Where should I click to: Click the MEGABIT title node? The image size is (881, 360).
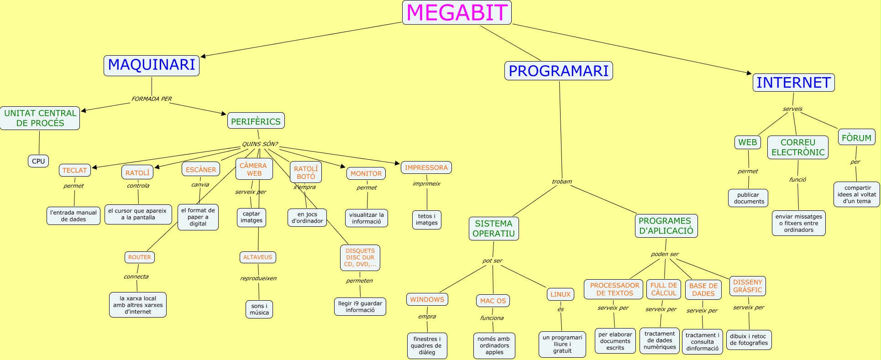[x=456, y=12]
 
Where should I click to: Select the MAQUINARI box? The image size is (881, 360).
[x=152, y=65]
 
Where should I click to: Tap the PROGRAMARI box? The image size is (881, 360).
[x=558, y=71]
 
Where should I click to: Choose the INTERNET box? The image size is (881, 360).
[x=793, y=83]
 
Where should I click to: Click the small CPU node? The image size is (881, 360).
[x=38, y=161]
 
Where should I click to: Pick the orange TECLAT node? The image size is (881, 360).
[x=74, y=170]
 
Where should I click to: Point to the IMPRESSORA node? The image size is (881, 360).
[x=426, y=167]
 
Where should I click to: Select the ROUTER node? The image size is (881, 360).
[x=139, y=257]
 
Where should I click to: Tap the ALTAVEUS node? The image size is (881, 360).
[x=257, y=257]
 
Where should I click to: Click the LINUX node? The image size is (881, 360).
[x=560, y=294]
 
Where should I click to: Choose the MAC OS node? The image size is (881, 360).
[x=493, y=301]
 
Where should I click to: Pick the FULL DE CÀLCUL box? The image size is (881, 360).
[x=663, y=289]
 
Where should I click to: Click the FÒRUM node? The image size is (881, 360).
[x=856, y=138]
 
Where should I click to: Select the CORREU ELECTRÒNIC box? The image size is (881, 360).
[x=797, y=147]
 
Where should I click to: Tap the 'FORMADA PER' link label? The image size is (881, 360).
[x=152, y=99]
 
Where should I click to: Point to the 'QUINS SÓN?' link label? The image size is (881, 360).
[x=259, y=144]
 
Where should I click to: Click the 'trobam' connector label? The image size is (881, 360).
[x=561, y=182]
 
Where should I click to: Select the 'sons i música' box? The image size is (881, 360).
[x=259, y=309]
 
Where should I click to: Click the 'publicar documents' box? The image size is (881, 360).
[x=748, y=198]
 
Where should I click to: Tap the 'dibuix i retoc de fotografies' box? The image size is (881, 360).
[x=749, y=340]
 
